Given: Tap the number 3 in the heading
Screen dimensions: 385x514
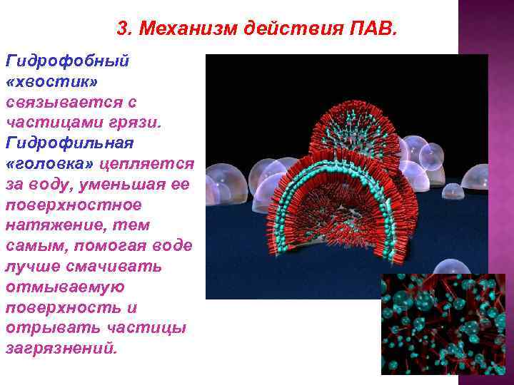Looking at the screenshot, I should point(121,29).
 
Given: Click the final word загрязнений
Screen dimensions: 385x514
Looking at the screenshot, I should point(59,349).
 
